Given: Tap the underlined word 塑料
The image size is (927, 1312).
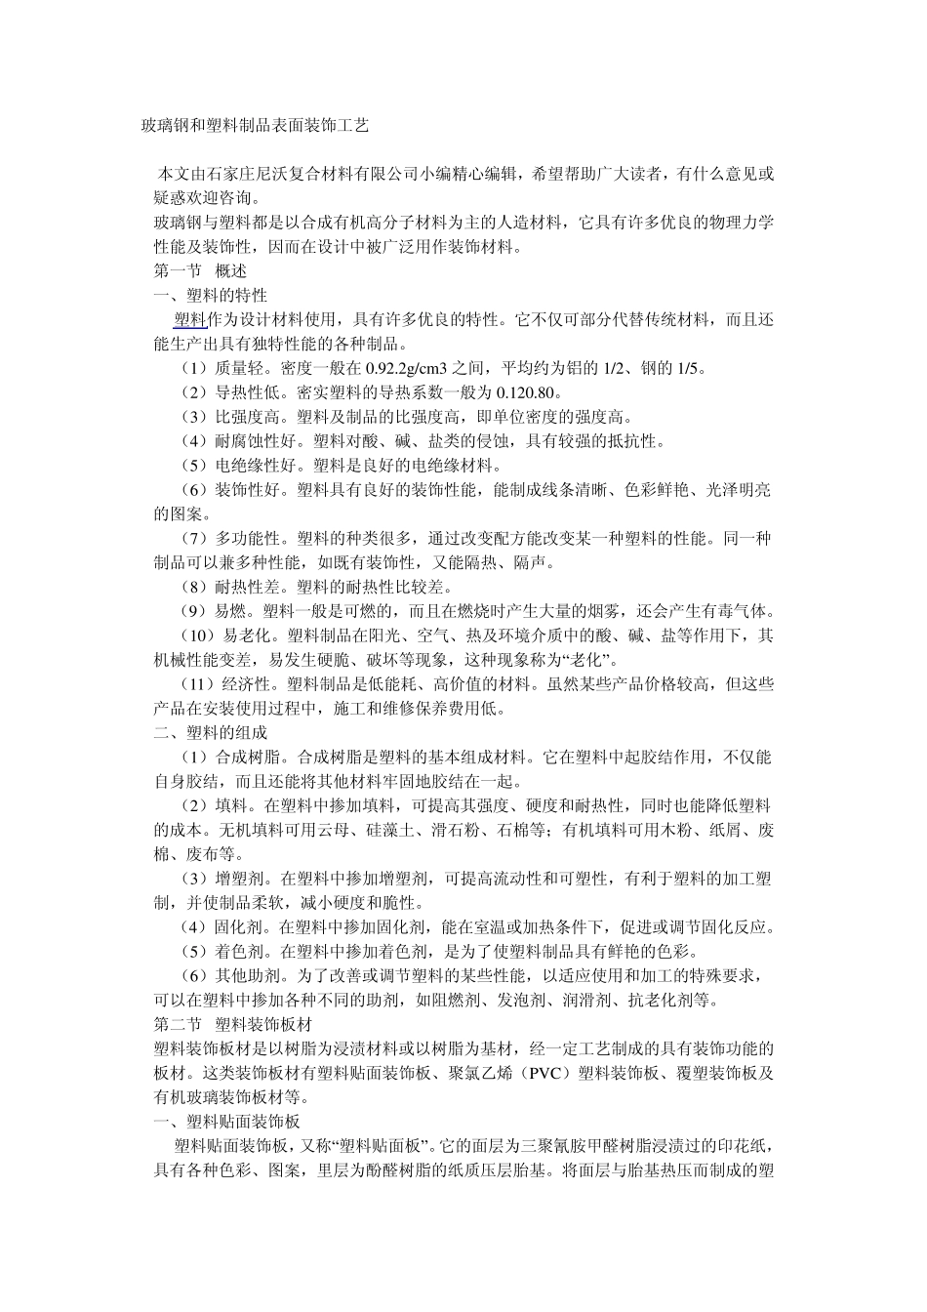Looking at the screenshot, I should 189,319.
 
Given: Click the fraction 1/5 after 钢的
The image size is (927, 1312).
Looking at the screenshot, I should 688,368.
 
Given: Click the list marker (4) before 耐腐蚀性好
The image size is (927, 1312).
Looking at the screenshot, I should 194,441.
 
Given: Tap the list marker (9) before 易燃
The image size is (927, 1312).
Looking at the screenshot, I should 194,612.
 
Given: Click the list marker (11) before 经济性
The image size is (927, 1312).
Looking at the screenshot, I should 198,685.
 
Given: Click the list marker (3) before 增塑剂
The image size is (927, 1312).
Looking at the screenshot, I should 194,879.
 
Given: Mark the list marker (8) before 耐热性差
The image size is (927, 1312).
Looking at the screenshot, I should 194,588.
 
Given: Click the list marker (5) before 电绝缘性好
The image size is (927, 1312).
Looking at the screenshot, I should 194,466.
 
